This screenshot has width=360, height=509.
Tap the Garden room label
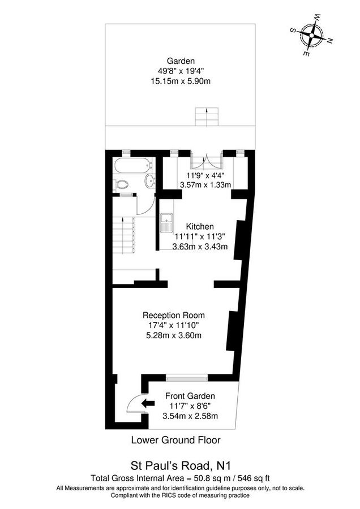181,61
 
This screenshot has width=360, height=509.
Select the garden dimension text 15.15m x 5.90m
181,81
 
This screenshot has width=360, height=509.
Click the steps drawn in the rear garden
206,117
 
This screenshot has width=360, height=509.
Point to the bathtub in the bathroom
132,167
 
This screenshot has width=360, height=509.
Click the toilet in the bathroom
121,184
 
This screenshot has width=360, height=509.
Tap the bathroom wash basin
149,181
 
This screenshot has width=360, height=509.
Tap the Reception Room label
174,315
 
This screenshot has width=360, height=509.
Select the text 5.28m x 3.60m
174,335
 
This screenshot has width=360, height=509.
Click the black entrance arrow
148,403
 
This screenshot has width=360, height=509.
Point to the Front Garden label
190,396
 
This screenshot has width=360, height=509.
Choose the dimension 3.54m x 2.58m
190,416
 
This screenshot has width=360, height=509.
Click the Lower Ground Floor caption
175,439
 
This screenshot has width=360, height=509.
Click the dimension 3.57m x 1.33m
205,184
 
